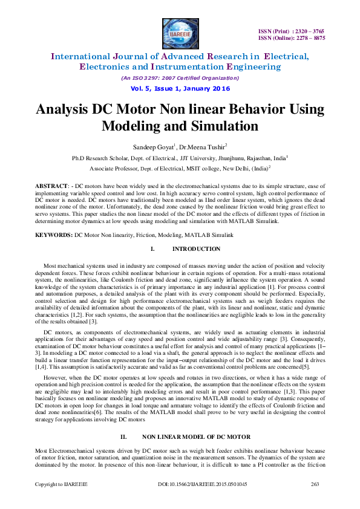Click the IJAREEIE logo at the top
180,32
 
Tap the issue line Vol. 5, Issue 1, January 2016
180,88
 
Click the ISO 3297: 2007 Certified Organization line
180,78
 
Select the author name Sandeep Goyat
152,146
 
